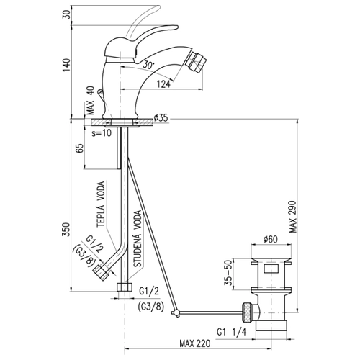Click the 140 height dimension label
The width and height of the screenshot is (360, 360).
point(67,66)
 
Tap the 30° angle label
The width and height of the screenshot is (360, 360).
point(148,64)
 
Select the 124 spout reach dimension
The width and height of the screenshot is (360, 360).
point(164,84)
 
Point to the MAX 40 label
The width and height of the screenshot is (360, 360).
point(91,101)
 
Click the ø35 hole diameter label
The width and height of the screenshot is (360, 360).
point(161,118)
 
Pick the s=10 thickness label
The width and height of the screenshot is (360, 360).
point(102,132)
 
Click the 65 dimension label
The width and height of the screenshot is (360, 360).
point(79,148)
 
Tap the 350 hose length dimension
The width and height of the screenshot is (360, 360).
point(66,230)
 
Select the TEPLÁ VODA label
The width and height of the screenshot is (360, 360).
point(101,204)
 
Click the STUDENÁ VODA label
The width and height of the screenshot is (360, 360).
point(138,239)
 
